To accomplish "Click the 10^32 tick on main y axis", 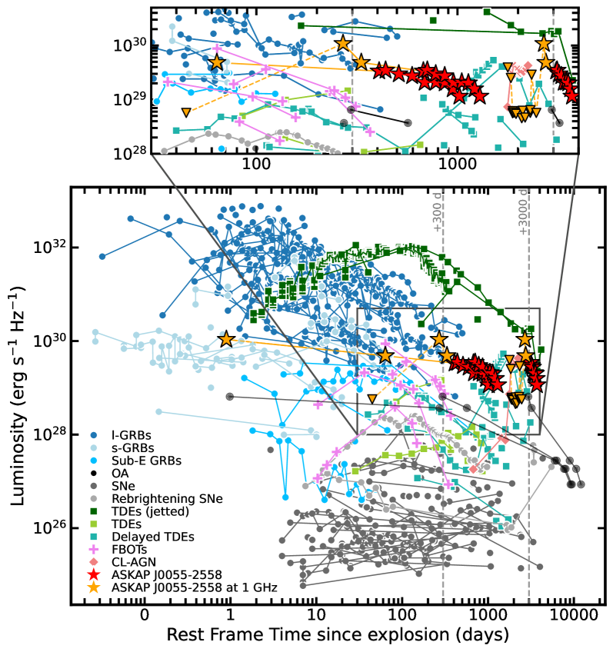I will (x=49, y=248).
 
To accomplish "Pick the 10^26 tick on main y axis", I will (x=49, y=528).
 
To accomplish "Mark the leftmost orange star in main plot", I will (x=226, y=339).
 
